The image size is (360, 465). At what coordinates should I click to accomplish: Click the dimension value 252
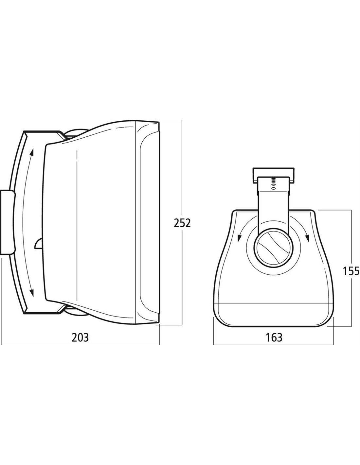(182, 223)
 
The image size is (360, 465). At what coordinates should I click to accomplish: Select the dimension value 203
(80, 338)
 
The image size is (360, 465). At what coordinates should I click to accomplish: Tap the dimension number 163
(274, 338)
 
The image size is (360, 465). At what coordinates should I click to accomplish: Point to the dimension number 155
(351, 271)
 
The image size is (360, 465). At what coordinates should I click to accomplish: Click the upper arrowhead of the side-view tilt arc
(32, 152)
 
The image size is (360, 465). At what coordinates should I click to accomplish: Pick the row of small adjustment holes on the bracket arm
(274, 183)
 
